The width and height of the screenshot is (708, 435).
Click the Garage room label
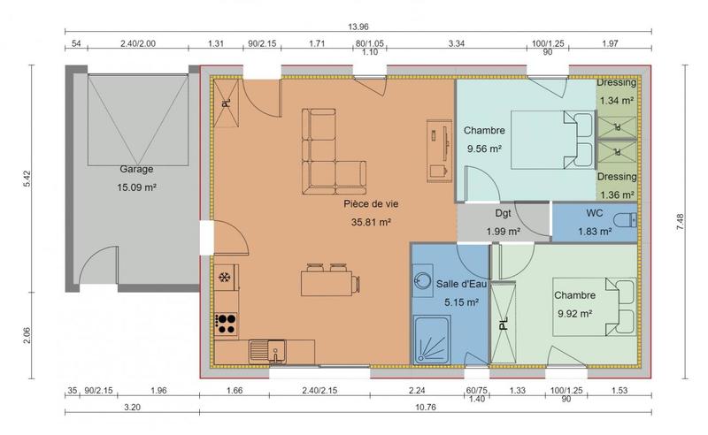pyautogui.click(x=136, y=169)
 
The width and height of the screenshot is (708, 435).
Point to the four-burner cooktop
pyautogui.click(x=226, y=323)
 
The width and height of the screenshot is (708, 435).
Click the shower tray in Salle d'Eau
pyautogui.click(x=431, y=340)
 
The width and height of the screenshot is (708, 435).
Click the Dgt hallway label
pyautogui.click(x=502, y=214)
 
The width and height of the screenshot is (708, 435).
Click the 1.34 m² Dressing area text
pyautogui.click(x=616, y=101)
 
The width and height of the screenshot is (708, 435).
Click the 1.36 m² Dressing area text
pyautogui.click(x=616, y=195)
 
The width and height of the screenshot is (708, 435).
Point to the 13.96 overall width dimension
pyautogui.click(x=358, y=27)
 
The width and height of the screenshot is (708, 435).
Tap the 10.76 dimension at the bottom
pyautogui.click(x=425, y=409)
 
